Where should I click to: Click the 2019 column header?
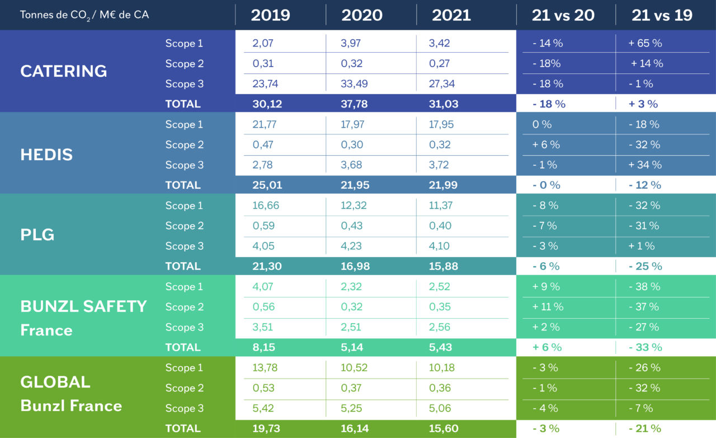pyautogui.click(x=270, y=15)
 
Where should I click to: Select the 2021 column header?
pyautogui.click(x=451, y=15)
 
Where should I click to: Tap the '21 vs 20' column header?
pyautogui.click(x=563, y=15)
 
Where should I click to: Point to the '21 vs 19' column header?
pyautogui.click(x=662, y=15)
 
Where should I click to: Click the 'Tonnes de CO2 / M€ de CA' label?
pyautogui.click(x=84, y=15)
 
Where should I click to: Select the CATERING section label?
pyautogui.click(x=63, y=71)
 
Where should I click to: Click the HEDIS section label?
pyautogui.click(x=46, y=155)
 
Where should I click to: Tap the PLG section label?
pyautogui.click(x=37, y=235)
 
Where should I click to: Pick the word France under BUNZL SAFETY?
pyautogui.click(x=46, y=330)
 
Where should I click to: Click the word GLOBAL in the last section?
pyautogui.click(x=55, y=382)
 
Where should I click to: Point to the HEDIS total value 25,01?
pyautogui.click(x=267, y=185)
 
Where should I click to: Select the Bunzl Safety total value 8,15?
pyautogui.click(x=264, y=348)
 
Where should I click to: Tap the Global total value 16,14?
pyautogui.click(x=355, y=429)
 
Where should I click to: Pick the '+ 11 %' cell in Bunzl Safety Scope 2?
pyautogui.click(x=548, y=307)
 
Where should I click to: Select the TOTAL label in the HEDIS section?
pyautogui.click(x=182, y=185)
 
